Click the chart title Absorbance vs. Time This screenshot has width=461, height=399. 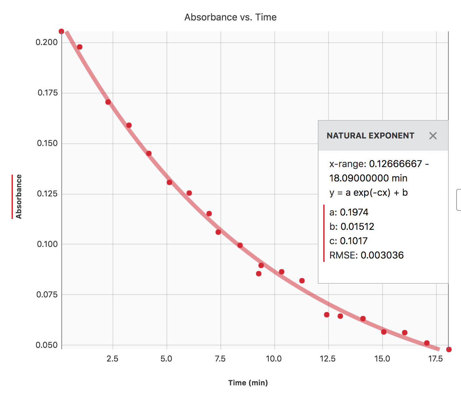[x=230, y=17]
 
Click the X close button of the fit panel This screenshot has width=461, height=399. [x=433, y=136]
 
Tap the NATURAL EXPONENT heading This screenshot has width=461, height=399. [x=370, y=136]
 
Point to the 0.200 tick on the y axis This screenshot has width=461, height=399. [x=47, y=42]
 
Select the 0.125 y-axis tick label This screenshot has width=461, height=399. [x=47, y=194]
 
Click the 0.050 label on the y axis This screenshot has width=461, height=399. [x=47, y=345]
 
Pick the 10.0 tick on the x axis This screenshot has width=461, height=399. [x=274, y=359]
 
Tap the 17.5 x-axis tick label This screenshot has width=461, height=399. [x=435, y=359]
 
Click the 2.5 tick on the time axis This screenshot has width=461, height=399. [x=113, y=359]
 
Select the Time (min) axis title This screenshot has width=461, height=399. [x=248, y=383]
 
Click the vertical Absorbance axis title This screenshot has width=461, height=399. [x=19, y=197]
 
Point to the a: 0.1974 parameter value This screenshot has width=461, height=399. [x=349, y=212]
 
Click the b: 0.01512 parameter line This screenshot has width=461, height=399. [x=352, y=227]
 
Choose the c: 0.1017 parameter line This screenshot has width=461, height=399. [x=348, y=241]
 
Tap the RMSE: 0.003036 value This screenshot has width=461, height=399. [x=367, y=255]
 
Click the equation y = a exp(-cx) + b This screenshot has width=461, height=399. [x=368, y=193]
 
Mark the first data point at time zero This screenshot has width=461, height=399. [x=61, y=31]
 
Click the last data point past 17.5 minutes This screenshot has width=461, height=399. [x=449, y=350]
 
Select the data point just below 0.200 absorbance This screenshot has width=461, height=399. [x=79, y=47]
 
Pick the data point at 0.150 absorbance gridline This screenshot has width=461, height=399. [x=149, y=153]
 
